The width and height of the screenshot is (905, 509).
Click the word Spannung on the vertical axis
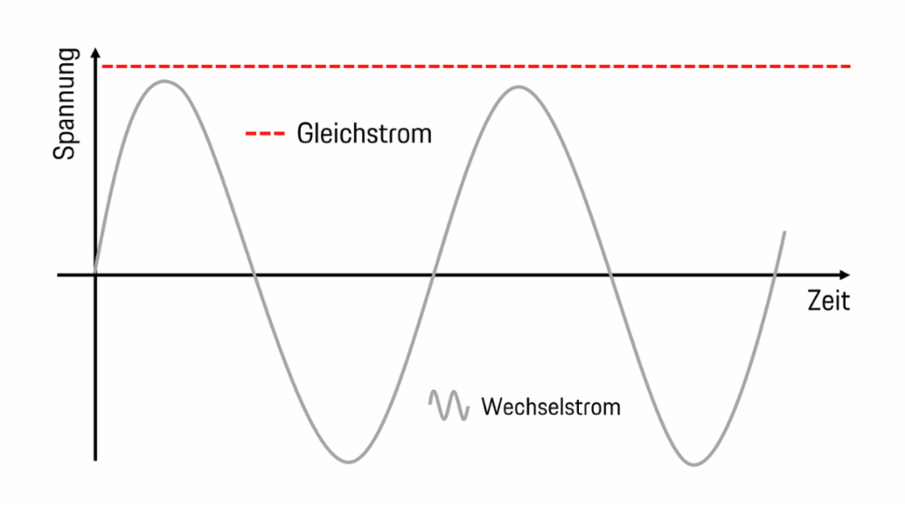click(x=66, y=105)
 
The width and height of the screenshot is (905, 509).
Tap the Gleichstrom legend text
click(x=365, y=134)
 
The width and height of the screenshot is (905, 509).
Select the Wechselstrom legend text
click(x=551, y=407)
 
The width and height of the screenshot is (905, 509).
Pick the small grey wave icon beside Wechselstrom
click(x=448, y=405)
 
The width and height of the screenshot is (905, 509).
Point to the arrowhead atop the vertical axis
click(x=95, y=52)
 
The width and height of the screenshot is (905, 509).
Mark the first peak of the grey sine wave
click(x=164, y=81)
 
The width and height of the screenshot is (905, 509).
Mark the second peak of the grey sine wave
click(x=519, y=86)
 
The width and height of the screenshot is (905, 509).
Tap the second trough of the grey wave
click(x=693, y=464)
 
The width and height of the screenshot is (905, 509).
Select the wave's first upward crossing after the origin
click(x=433, y=275)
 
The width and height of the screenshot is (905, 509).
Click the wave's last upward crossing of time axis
click(x=775, y=275)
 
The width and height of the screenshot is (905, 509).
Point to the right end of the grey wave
click(x=785, y=232)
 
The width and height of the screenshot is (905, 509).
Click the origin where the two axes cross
click(x=95, y=275)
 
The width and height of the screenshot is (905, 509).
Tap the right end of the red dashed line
click(x=850, y=66)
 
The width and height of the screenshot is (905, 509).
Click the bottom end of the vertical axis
click(x=95, y=458)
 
